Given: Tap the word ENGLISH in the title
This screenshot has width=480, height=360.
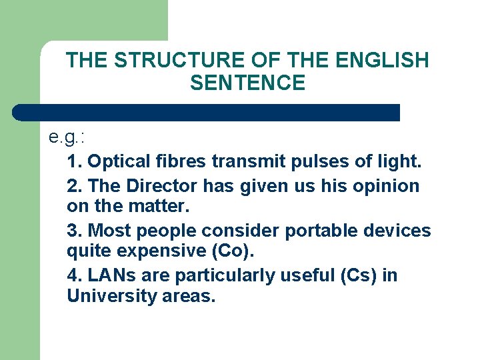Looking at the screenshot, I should tap(382, 61).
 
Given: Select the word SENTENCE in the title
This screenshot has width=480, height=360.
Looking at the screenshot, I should tap(247, 83).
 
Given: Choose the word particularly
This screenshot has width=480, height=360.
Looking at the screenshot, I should tap(231, 276).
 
